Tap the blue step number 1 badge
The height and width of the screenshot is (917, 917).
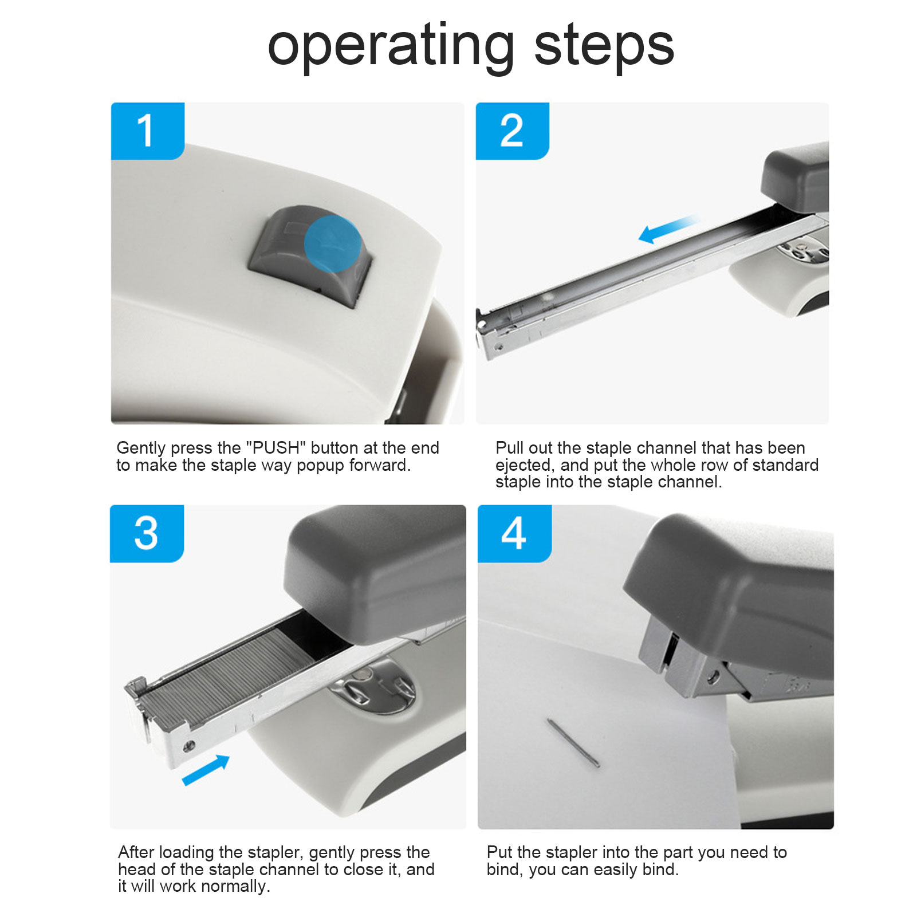148,131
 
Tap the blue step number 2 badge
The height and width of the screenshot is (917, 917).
513,131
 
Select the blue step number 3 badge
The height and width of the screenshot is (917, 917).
147,533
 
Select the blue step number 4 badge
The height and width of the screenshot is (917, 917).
514,533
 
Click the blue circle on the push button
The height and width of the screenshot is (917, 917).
333,244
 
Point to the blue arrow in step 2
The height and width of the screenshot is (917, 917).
669,229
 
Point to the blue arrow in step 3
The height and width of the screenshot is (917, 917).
206,770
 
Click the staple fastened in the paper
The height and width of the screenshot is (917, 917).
573,743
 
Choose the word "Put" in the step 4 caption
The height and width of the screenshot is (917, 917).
499,852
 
